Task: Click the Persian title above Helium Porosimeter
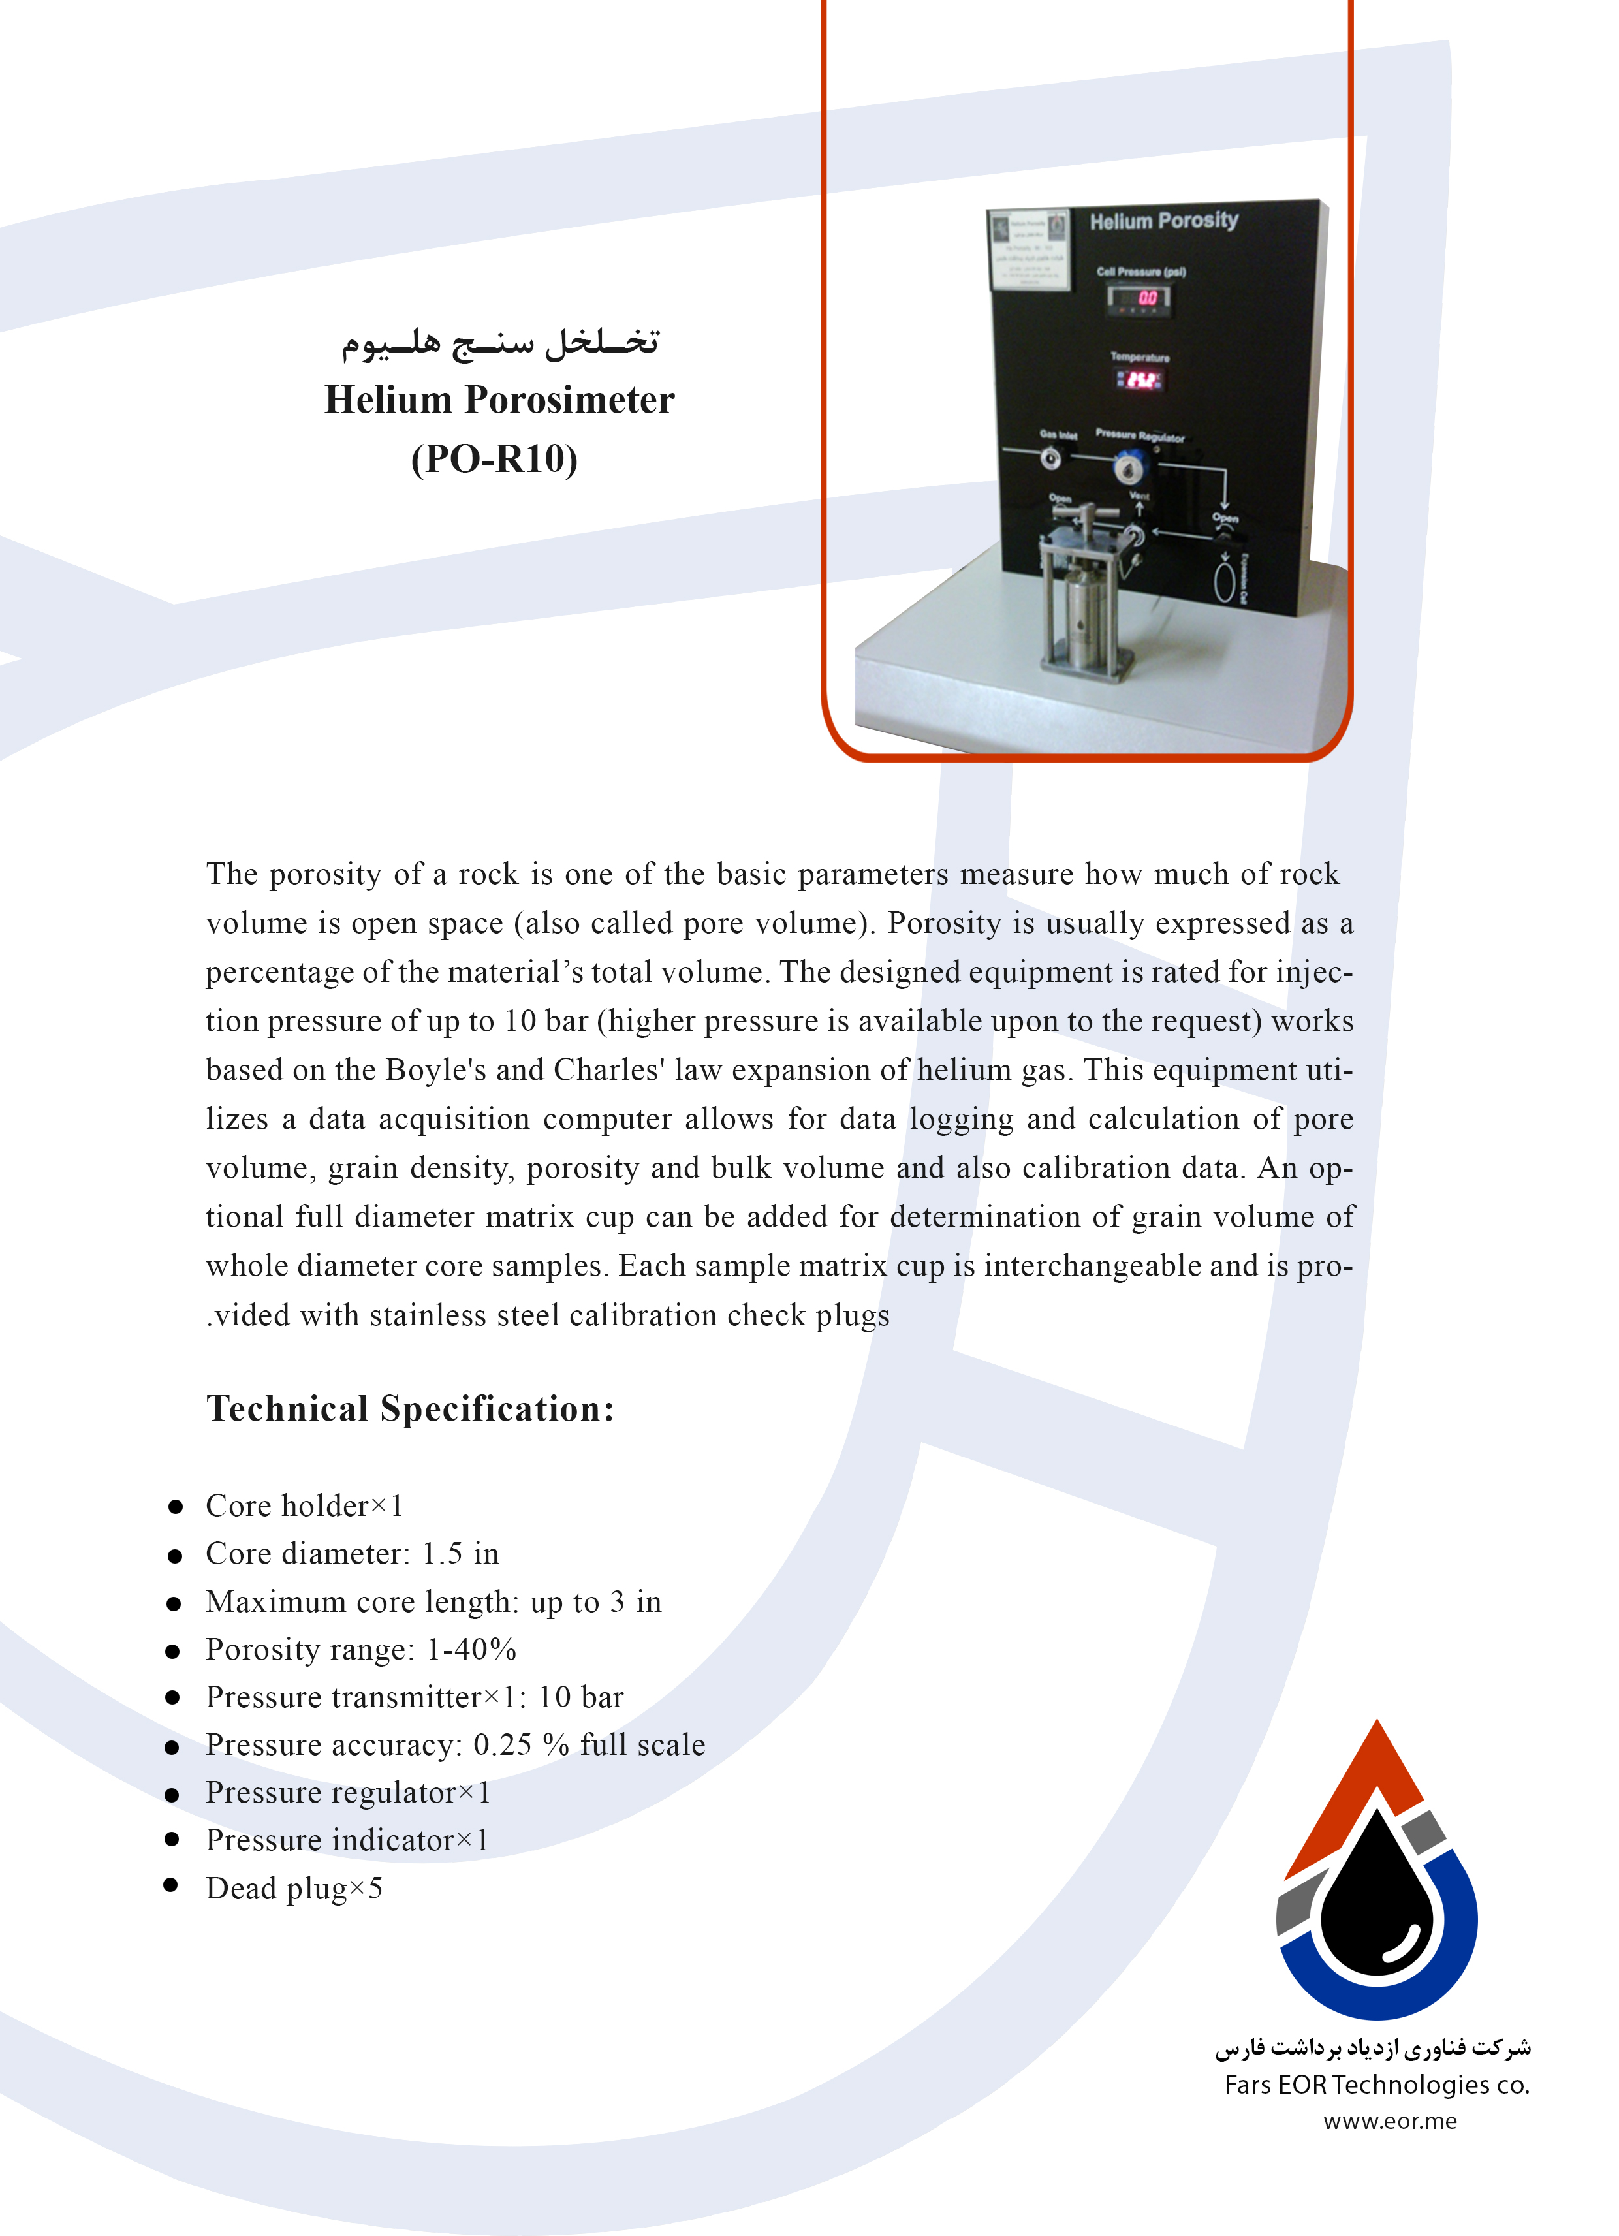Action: click(x=500, y=342)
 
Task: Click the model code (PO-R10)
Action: click(x=494, y=458)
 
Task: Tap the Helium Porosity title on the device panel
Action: click(x=1163, y=221)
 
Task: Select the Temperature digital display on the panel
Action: click(x=1139, y=379)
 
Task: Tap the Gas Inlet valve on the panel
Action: click(x=1051, y=458)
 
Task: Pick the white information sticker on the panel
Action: click(x=1028, y=251)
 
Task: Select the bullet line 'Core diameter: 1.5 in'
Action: click(x=352, y=1554)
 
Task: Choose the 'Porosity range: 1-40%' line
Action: click(x=361, y=1649)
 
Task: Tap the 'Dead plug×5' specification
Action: click(x=294, y=1888)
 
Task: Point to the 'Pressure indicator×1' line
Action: click(x=347, y=1840)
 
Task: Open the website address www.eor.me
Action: click(x=1389, y=2120)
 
